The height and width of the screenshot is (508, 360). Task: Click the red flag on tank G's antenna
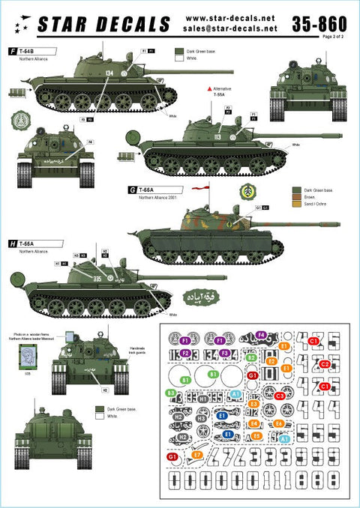pos(199,190)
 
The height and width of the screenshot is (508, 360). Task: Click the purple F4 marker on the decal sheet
pos(261,334)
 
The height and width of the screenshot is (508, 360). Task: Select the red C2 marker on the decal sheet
pos(325,364)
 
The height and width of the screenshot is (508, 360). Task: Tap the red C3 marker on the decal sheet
pos(279,395)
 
